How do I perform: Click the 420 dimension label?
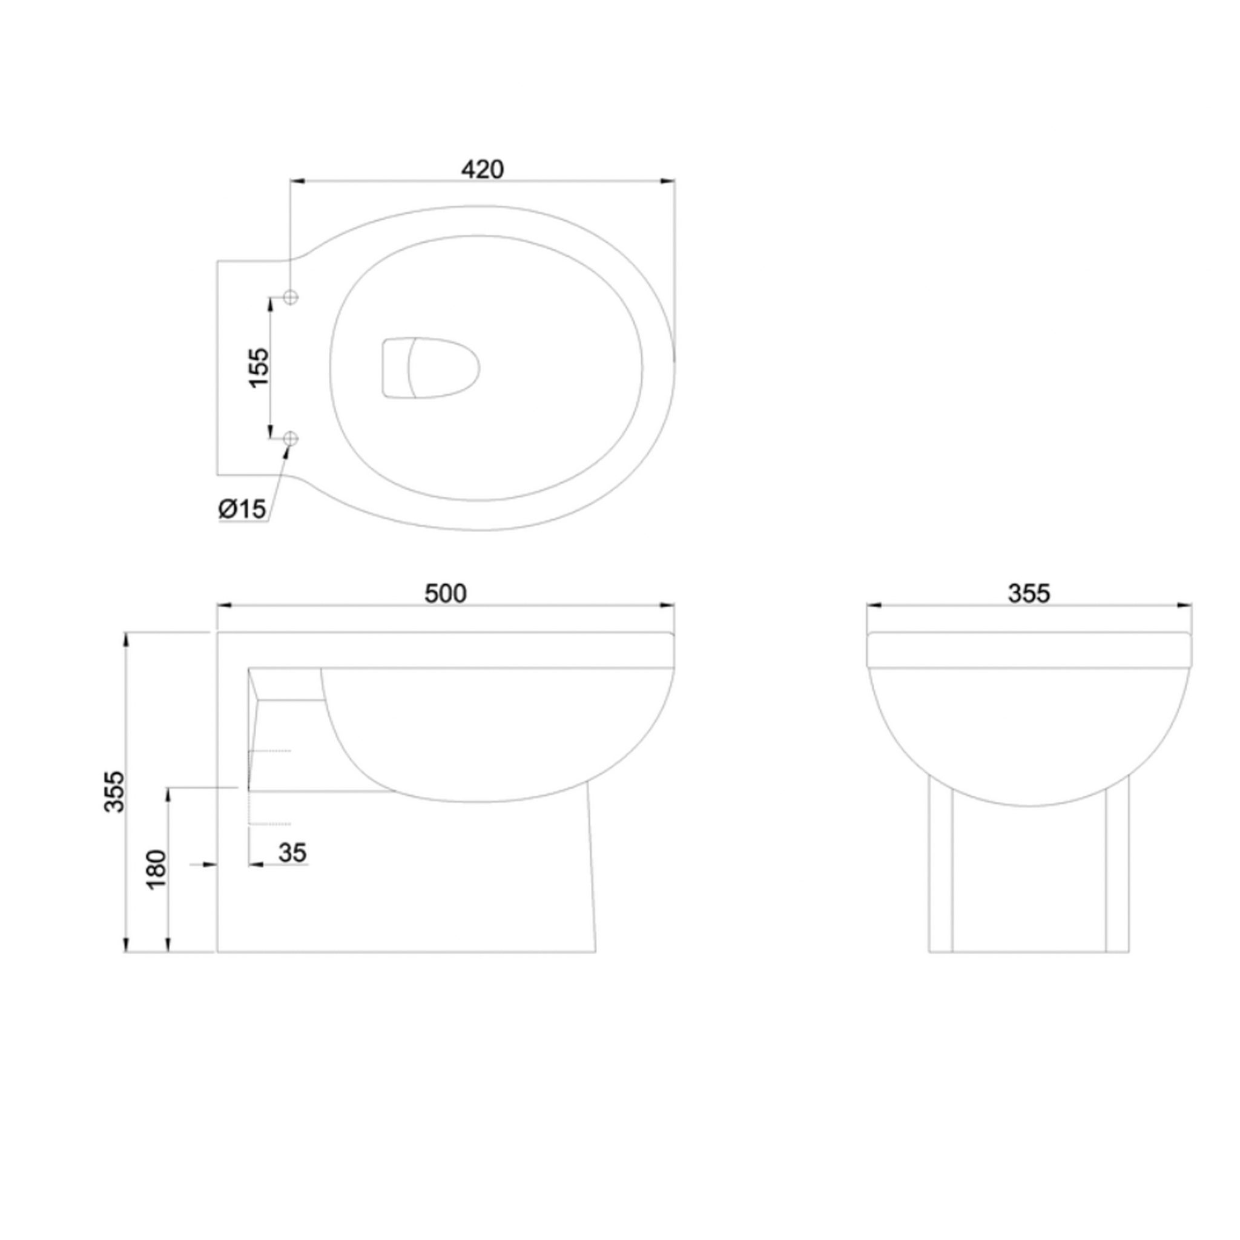pos(483,169)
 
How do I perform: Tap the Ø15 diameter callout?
pos(242,509)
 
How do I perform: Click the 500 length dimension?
pos(446,594)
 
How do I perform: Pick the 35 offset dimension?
pos(292,853)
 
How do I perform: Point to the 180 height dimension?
pos(157,869)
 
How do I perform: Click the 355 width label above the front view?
pos(1029,594)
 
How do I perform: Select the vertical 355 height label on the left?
pos(116,791)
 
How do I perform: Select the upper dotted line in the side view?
pos(270,750)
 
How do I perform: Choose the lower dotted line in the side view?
pos(270,823)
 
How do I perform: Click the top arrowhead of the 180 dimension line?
pos(168,793)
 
